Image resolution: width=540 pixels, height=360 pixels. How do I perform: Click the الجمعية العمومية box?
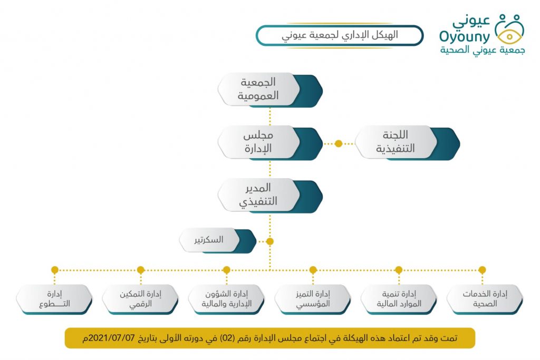270,90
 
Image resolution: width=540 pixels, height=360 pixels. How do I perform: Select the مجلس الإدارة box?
270,143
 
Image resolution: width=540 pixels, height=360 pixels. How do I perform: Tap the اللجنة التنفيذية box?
408,143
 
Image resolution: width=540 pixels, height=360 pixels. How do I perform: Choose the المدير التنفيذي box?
270,196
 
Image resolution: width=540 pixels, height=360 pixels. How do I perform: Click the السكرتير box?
218,240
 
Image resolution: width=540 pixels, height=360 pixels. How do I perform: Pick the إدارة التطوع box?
54,299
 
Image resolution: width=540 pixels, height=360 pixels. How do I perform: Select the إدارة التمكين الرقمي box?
140,299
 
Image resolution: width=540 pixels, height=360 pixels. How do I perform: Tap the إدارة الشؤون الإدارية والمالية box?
227,299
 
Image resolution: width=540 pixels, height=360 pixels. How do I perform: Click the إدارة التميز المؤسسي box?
313,299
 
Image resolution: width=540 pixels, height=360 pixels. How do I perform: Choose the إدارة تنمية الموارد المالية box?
399,299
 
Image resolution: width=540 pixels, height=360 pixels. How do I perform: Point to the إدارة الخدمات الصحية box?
485,299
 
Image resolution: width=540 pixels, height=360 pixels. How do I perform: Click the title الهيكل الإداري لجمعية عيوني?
340,35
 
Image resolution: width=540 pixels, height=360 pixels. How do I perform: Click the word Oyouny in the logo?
465,37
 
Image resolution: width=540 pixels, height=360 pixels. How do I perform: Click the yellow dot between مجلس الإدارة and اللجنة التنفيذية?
339,143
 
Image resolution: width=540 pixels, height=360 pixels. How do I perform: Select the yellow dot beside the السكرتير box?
270,241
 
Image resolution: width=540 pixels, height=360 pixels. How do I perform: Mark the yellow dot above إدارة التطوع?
55,270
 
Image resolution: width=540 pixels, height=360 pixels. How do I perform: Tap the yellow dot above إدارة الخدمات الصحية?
482,270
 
